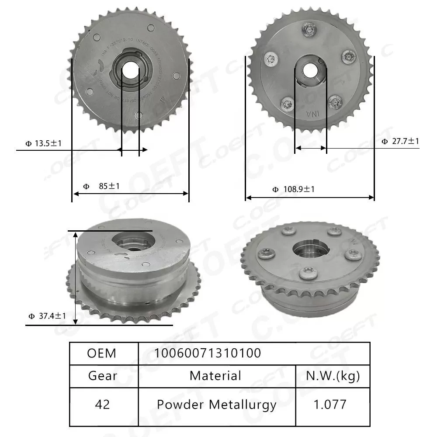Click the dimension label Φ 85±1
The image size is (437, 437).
[x=101, y=186]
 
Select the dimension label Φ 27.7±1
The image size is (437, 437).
[x=400, y=141]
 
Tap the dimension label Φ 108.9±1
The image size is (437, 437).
[x=293, y=189]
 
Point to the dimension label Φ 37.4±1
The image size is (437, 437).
[x=47, y=316]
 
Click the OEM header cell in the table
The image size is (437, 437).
[x=102, y=353]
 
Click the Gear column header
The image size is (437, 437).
[x=102, y=375]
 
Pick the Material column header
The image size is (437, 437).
[x=215, y=375]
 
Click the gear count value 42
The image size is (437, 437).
[x=102, y=404]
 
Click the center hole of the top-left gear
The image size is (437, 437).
[x=130, y=69]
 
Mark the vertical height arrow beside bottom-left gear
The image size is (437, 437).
[x=76, y=278]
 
